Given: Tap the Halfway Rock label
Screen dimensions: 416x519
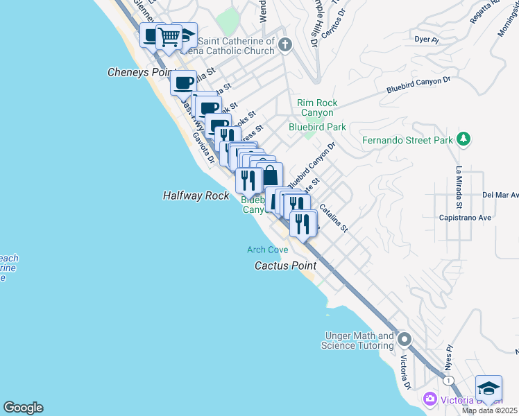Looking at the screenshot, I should click(196, 196).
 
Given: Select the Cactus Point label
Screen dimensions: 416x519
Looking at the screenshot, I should click(285, 266).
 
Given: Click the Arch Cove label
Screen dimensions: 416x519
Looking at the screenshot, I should click(268, 250).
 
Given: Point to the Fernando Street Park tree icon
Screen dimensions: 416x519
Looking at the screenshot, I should click(464, 139).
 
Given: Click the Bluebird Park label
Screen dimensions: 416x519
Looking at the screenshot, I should click(317, 127).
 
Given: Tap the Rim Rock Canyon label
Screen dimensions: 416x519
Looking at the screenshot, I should click(317, 107).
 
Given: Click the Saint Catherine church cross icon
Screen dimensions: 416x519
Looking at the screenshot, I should click(284, 46).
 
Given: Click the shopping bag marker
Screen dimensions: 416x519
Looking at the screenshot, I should click(269, 174).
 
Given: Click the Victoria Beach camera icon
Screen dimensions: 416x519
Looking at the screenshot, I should click(430, 399).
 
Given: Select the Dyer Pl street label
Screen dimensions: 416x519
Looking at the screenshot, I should click(427, 40).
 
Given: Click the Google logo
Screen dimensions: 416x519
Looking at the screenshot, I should click(23, 408).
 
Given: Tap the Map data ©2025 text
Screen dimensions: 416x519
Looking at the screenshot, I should click(490, 410).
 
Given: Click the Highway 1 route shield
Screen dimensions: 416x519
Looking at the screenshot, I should click(450, 381).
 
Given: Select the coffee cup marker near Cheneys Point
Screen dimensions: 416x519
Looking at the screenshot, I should click(183, 83).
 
